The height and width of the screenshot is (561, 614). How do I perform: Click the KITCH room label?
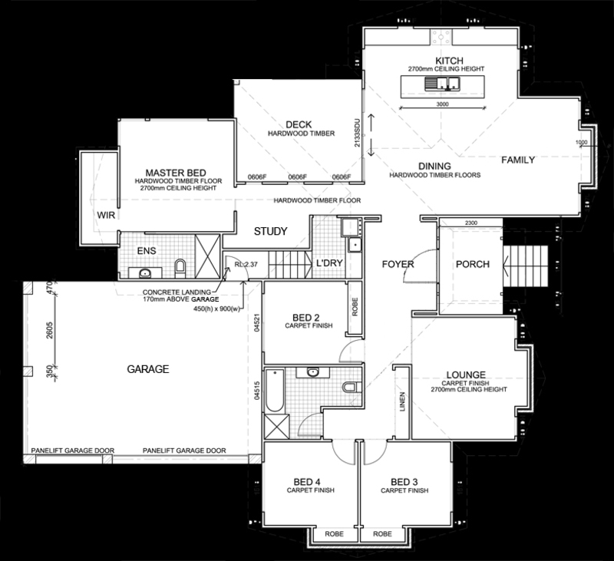[x=449, y=61]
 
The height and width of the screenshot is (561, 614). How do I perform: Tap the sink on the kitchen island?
[x=442, y=84]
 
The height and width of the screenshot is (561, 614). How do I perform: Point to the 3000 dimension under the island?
[x=443, y=104]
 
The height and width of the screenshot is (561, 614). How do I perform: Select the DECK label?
[x=299, y=124]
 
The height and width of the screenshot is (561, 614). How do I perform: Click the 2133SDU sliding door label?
[x=357, y=132]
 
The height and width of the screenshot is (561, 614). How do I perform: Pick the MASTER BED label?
[x=176, y=173]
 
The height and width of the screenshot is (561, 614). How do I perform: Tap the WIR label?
[x=106, y=215]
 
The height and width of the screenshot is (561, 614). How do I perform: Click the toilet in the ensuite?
[x=180, y=268]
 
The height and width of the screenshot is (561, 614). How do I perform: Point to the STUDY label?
[x=271, y=231]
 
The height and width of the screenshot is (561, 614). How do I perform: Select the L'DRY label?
[x=329, y=263]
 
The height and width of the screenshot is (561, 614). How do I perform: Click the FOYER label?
[x=398, y=264]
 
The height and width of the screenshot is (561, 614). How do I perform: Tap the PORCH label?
[x=473, y=264]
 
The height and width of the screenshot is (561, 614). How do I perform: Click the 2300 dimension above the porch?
[x=471, y=223]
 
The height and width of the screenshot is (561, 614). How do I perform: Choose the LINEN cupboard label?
[x=402, y=401]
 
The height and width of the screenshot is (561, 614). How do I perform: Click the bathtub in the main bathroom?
[x=275, y=391]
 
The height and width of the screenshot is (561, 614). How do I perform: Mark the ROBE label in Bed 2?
[x=355, y=307]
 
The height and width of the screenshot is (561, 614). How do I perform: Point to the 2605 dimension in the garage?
[x=49, y=330]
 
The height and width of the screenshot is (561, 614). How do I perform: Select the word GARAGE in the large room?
[x=148, y=369]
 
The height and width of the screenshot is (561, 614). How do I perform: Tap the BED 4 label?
[x=307, y=482]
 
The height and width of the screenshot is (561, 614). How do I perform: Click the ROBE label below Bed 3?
[x=382, y=534]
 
